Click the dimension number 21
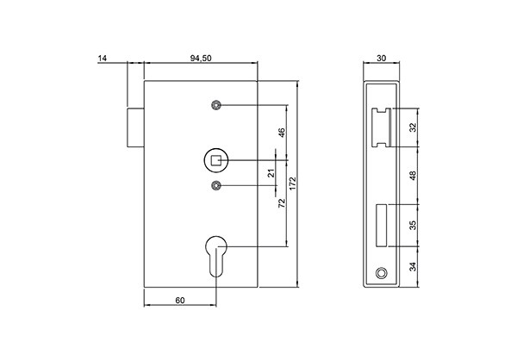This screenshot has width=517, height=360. [271, 173]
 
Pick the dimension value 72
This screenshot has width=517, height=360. [282, 204]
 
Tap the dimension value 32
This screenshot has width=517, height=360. [413, 127]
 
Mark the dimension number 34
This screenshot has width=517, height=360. [413, 265]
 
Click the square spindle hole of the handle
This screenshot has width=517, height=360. [216, 160]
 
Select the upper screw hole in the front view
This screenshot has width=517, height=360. [216, 105]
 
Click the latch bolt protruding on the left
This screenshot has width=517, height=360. [135, 127]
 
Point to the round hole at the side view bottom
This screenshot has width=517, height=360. [381, 273]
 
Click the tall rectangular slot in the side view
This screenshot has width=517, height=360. [381, 222]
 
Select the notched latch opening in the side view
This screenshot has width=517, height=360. [381, 126]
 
